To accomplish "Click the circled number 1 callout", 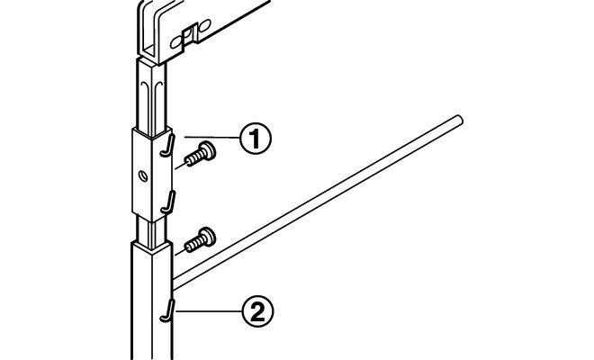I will pyautogui.click(x=255, y=139).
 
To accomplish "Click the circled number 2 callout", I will pyautogui.click(x=255, y=312).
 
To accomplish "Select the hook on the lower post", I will pyautogui.click(x=167, y=310).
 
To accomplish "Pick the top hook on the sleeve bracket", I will pyautogui.click(x=166, y=144).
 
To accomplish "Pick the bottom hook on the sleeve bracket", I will pyautogui.click(x=167, y=202).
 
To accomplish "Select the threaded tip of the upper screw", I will pyautogui.click(x=185, y=161).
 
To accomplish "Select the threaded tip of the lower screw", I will pyautogui.click(x=187, y=245).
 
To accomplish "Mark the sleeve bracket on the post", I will pyautogui.click(x=149, y=171).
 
